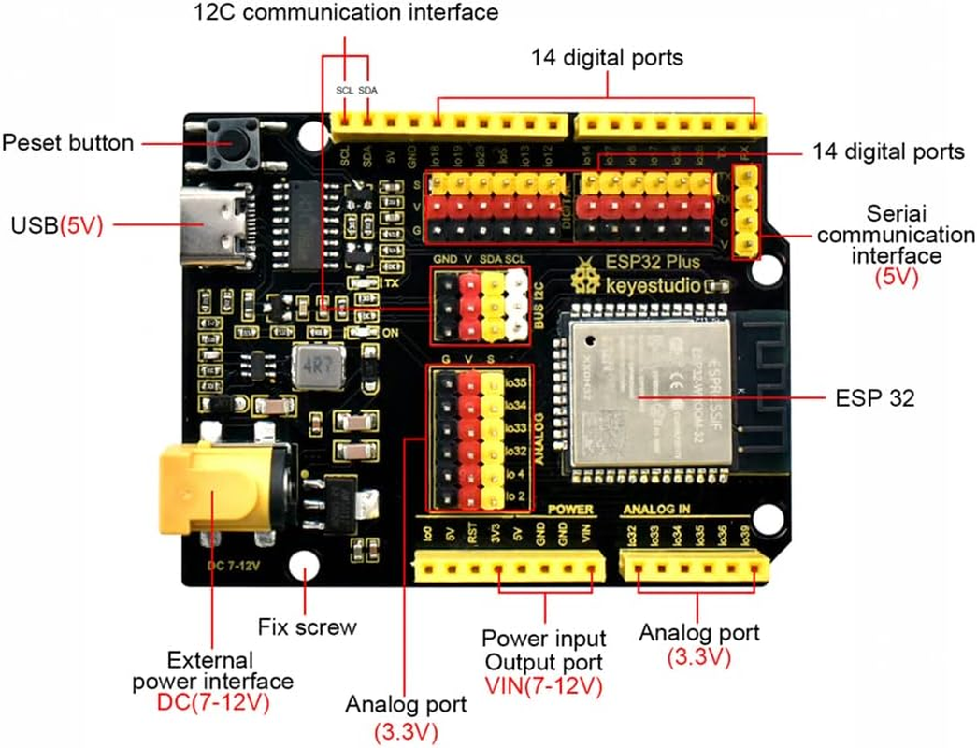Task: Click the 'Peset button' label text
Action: [x=67, y=143]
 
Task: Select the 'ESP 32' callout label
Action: [x=875, y=398]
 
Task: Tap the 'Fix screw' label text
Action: [x=307, y=626]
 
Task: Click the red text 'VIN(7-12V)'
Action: [x=543, y=685]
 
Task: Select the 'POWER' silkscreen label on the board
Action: [x=571, y=511]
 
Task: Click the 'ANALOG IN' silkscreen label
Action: [x=657, y=511]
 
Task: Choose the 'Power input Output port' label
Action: [x=543, y=650]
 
